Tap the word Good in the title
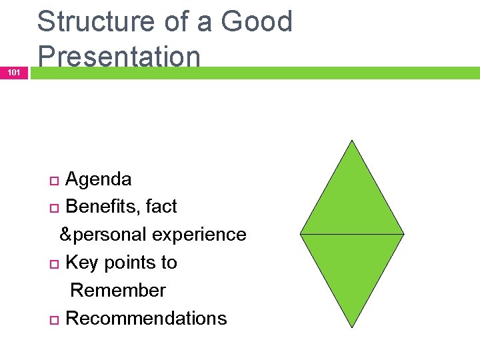tap(256, 21)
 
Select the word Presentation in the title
tap(119, 57)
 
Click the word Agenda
tap(99, 179)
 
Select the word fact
tap(161, 207)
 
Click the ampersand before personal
tap(65, 235)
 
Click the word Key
tap(82, 263)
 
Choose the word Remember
tap(118, 291)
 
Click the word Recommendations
tap(146, 319)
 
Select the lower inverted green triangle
tap(351, 267)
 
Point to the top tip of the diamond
tap(351, 141)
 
